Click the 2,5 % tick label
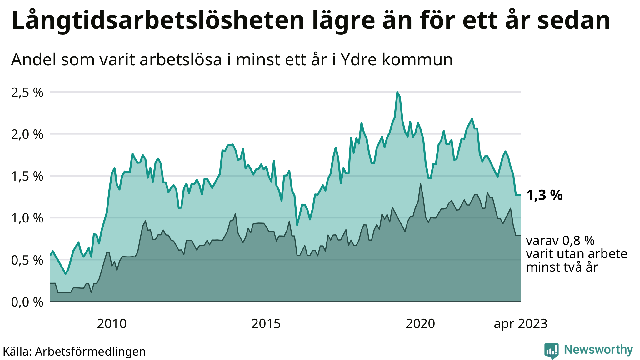click(27, 92)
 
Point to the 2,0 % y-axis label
click(27, 134)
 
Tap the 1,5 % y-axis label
click(27, 176)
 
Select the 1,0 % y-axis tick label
click(27, 218)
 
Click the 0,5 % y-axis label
click(27, 260)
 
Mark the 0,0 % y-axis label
click(27, 302)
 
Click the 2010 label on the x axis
click(112, 324)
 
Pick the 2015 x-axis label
click(266, 324)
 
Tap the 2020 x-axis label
click(420, 324)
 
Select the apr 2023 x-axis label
click(521, 324)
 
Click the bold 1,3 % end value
click(544, 195)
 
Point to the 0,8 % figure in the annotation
click(578, 241)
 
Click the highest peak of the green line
click(397, 92)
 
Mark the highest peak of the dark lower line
click(421, 184)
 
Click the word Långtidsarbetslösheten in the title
click(158, 21)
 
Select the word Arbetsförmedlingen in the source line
click(90, 352)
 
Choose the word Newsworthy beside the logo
click(598, 350)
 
